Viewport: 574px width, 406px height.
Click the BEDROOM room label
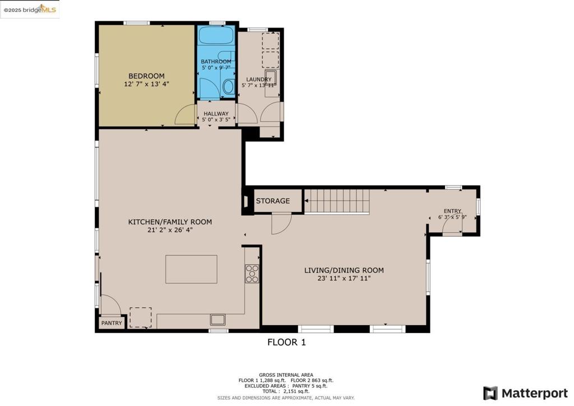click(146, 76)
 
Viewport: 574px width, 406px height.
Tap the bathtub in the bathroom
click(216, 36)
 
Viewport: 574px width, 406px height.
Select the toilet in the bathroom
click(229, 86)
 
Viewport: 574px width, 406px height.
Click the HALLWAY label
click(216, 114)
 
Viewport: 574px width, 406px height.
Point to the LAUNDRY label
click(259, 80)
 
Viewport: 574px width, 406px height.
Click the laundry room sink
click(271, 78)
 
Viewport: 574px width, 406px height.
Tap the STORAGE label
click(273, 201)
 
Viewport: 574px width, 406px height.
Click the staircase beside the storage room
click(337, 201)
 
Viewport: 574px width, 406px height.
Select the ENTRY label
click(452, 211)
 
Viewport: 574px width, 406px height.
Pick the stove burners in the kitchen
click(252, 274)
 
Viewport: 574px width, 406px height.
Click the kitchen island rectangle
click(191, 269)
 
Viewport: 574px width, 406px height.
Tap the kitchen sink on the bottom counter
click(218, 320)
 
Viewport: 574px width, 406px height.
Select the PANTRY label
click(112, 323)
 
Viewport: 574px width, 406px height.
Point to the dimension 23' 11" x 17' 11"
click(344, 278)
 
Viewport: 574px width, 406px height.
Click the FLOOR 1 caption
click(286, 342)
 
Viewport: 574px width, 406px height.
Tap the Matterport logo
click(525, 393)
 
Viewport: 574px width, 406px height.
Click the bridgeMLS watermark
click(30, 10)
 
